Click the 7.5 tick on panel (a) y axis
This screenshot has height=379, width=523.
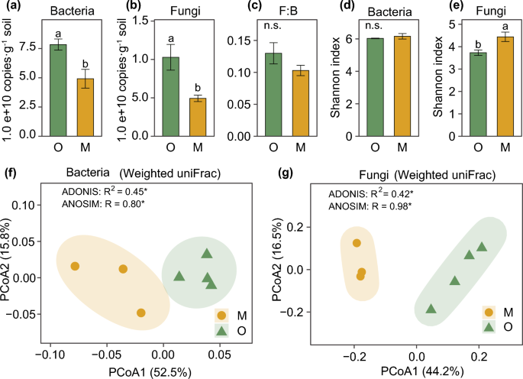click(29, 47)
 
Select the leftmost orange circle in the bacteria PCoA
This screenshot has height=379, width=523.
click(75, 266)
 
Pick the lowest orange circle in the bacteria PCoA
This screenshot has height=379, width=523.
click(141, 313)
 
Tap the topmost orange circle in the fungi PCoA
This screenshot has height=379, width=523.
click(356, 243)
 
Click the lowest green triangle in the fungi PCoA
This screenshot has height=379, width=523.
click(431, 309)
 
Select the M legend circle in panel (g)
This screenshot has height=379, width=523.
click(489, 312)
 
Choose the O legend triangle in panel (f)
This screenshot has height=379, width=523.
click(221, 330)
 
